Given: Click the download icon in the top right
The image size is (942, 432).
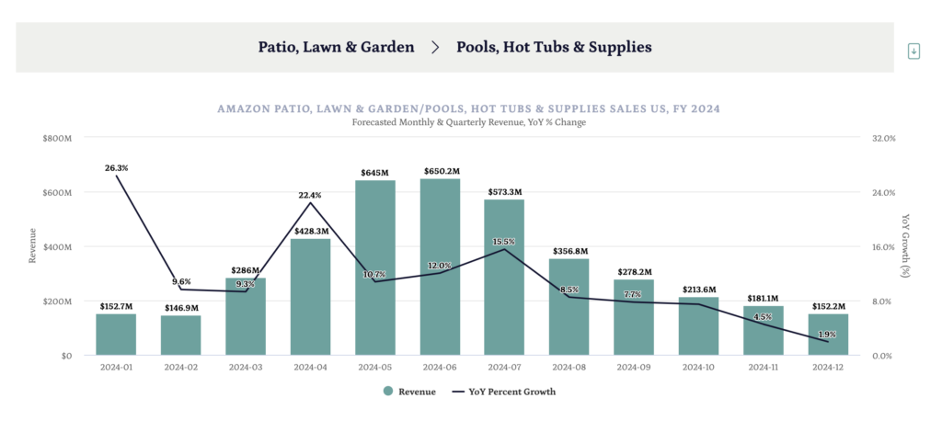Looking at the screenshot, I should (x=913, y=51).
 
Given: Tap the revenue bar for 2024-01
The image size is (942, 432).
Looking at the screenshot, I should (x=116, y=335).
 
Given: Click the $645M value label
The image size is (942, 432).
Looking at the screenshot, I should (x=375, y=172).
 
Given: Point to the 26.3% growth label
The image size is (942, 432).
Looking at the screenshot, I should (x=117, y=168).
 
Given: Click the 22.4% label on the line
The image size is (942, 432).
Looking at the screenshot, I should (x=310, y=195).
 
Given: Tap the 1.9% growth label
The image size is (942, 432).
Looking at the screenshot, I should (x=828, y=335).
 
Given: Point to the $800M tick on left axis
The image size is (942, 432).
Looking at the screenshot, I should (x=57, y=138).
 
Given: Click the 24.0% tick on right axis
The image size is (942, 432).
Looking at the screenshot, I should (x=883, y=192).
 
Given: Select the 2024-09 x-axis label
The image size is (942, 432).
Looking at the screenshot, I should (x=635, y=367).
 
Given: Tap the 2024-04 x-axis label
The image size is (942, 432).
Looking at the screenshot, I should (x=310, y=367).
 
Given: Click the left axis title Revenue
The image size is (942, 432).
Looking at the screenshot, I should (x=33, y=246).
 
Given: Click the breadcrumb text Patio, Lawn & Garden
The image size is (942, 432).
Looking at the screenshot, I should (x=336, y=46).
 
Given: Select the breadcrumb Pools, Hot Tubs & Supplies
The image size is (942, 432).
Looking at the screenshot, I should (x=554, y=46).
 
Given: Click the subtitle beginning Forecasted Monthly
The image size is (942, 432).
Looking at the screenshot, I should (x=469, y=122).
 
